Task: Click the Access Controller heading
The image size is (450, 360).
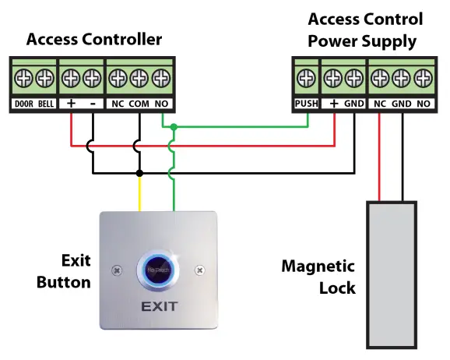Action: point(94,39)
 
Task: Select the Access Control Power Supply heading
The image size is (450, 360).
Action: point(365,29)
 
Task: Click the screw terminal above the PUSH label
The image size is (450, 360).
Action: point(304,78)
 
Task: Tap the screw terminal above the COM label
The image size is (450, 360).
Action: point(139,78)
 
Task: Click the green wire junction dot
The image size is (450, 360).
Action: point(174,126)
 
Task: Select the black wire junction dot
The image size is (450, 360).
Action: point(139,172)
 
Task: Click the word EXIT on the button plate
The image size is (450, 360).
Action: point(162,307)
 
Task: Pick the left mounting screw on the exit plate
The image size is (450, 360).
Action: point(116,270)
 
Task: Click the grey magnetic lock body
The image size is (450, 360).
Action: point(391,273)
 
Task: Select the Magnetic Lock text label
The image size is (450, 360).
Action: point(318,277)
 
